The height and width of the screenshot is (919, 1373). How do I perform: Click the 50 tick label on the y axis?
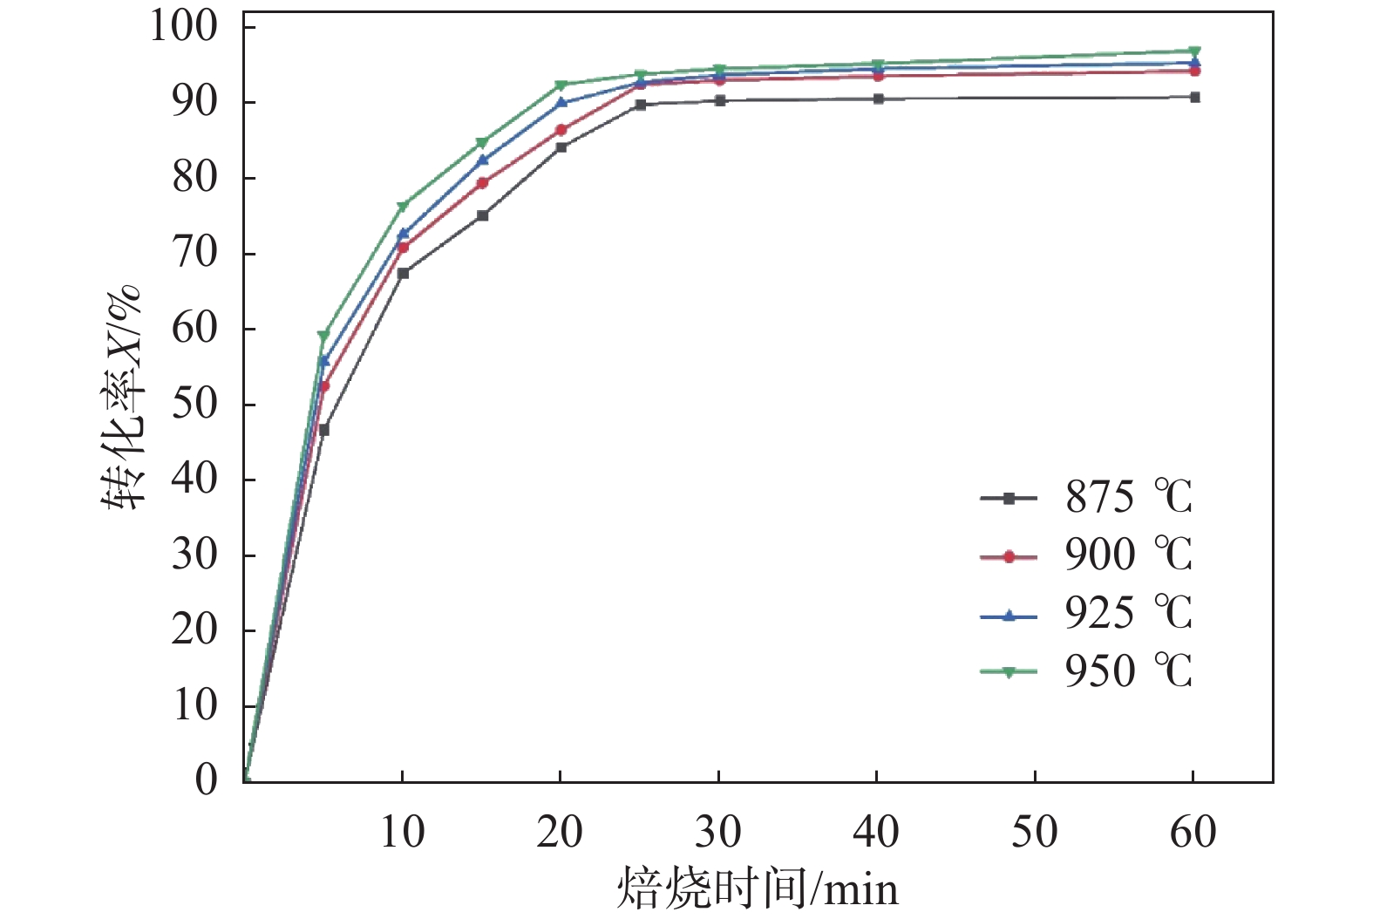(x=194, y=405)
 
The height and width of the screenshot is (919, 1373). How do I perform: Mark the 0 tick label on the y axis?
(x=207, y=779)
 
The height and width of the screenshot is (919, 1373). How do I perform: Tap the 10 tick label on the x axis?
(x=402, y=832)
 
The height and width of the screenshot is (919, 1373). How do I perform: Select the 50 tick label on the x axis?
(x=1034, y=832)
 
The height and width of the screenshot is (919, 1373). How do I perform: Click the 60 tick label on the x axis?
(x=1193, y=832)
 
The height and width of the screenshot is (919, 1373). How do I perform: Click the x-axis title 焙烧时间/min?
(x=757, y=889)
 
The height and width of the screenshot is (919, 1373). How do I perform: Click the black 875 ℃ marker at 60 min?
(x=1194, y=97)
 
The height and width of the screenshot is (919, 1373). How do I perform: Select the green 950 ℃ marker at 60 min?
(x=1194, y=51)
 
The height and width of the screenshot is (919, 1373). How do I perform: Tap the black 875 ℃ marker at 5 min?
(x=324, y=430)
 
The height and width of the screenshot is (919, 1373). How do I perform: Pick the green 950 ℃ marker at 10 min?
(x=403, y=207)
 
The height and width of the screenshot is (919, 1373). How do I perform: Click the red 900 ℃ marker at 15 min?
(x=482, y=183)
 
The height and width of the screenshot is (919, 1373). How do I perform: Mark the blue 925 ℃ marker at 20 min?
(x=561, y=102)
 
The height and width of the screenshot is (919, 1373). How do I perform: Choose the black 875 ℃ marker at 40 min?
(x=878, y=99)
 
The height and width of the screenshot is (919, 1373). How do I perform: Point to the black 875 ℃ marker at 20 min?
(x=561, y=147)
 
